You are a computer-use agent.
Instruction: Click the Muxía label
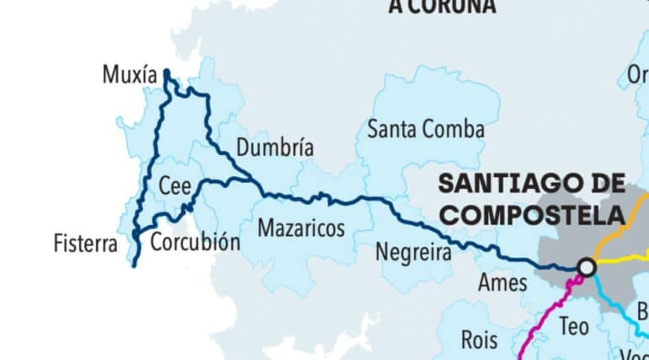pos(129,76)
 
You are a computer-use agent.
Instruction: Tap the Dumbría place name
pos(275,148)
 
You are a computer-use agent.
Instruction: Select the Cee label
pos(175,186)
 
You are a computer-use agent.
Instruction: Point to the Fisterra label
pos(85,244)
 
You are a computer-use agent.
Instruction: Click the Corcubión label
pos(195,243)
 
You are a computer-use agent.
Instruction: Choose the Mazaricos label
pos(301,228)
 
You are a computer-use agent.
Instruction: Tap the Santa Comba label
pos(426,130)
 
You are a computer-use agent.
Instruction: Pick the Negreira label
pos(413,251)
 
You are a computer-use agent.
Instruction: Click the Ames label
pos(501,282)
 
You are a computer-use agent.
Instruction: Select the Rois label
pos(480,341)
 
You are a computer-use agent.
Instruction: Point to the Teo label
pos(573,325)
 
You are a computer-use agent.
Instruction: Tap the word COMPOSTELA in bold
pos(532,215)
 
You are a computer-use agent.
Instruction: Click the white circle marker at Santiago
pos(587,267)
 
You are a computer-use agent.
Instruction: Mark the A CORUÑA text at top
pos(442,7)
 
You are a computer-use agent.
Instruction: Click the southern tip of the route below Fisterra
pos(134,265)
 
